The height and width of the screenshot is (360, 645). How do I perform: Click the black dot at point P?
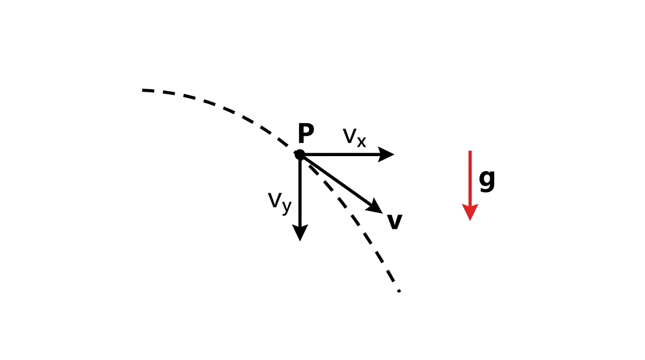pyautogui.click(x=300, y=155)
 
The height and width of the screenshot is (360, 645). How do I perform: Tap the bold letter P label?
pyautogui.click(x=306, y=133)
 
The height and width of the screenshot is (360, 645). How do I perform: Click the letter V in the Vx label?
pyautogui.click(x=350, y=135)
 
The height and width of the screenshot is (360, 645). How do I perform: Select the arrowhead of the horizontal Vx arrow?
pyautogui.click(x=386, y=154)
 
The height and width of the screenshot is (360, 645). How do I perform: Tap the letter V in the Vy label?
pyautogui.click(x=275, y=200)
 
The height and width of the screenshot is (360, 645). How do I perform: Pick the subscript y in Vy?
pyautogui.click(x=286, y=207)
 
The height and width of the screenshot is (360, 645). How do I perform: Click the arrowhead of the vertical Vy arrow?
pyautogui.click(x=300, y=232)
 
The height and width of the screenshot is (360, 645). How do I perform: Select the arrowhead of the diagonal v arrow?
pyautogui.click(x=375, y=206)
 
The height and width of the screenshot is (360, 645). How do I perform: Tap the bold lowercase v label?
pyautogui.click(x=395, y=222)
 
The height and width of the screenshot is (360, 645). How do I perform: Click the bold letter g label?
pyautogui.click(x=487, y=180)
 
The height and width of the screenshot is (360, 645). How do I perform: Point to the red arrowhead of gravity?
pyautogui.click(x=470, y=212)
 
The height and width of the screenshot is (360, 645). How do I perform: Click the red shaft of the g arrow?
pyautogui.click(x=470, y=177)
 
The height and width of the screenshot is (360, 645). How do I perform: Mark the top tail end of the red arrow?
pyautogui.click(x=470, y=151)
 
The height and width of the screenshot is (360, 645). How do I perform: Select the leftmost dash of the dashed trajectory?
pyautogui.click(x=148, y=90)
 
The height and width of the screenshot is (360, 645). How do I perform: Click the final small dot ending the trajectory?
pyautogui.click(x=399, y=292)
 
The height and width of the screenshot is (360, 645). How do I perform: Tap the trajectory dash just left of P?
pyautogui.click(x=283, y=142)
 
